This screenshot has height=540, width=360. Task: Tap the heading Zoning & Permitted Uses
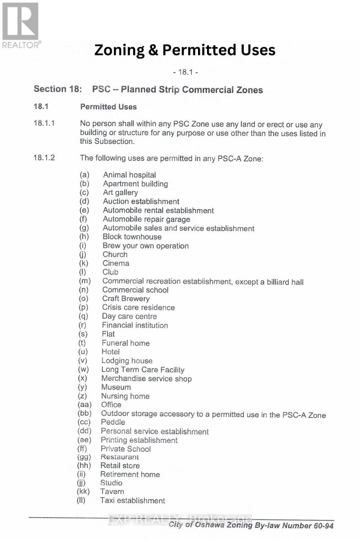pyautogui.click(x=184, y=50)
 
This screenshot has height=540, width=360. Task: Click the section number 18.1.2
pyautogui.click(x=44, y=158)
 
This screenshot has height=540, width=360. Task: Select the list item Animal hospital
pyautogui.click(x=129, y=175)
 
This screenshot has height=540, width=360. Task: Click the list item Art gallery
pyautogui.click(x=120, y=193)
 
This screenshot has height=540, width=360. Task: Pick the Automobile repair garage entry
pyautogui.click(x=146, y=219)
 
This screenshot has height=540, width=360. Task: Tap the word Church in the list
pyautogui.click(x=115, y=254)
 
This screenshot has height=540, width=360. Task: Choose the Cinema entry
pyautogui.click(x=116, y=263)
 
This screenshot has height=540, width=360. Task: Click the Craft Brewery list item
pyautogui.click(x=126, y=298)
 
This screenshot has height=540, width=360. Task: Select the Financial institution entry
pyautogui.click(x=135, y=325)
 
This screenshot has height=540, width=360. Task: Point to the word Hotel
pyautogui.click(x=111, y=351)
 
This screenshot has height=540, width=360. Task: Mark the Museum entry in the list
pyautogui.click(x=116, y=387)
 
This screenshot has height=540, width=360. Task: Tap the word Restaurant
pyautogui.click(x=119, y=457)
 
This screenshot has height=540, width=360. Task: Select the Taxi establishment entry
pyautogui.click(x=132, y=500)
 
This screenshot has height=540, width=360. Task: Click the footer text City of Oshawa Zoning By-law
pyautogui.click(x=251, y=526)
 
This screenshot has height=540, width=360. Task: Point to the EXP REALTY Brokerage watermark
pyautogui.click(x=180, y=519)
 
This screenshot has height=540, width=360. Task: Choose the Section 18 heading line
pyautogui.click(x=148, y=89)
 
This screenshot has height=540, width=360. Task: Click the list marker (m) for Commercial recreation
pyautogui.click(x=84, y=281)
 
